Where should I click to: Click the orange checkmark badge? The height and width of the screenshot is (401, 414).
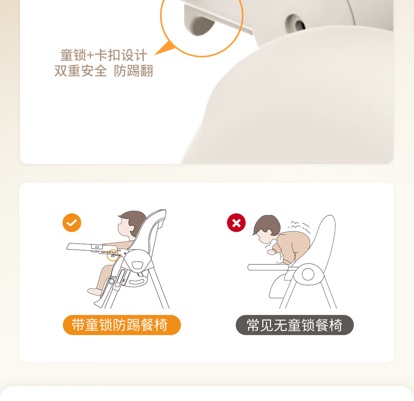click(x=72, y=223)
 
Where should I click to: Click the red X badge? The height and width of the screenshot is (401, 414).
click(x=236, y=223)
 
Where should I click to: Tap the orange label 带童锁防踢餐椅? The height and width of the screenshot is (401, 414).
click(x=122, y=325)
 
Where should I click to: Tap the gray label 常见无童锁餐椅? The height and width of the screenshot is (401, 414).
click(x=295, y=325)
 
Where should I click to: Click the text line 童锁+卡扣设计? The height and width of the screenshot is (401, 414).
click(x=103, y=55)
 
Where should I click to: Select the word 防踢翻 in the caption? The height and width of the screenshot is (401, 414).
click(x=133, y=71)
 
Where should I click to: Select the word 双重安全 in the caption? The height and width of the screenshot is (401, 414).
click(x=80, y=71)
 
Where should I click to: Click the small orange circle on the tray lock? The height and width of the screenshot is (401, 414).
click(x=112, y=255)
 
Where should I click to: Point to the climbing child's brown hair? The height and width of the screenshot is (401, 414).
click(x=267, y=225)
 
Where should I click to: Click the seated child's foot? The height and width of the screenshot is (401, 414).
click(x=95, y=292)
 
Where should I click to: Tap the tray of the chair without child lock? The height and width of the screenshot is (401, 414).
click(x=268, y=267)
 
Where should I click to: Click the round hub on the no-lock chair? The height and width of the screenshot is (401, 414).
click(x=308, y=274)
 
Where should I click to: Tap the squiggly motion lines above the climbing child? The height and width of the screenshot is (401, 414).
click(x=299, y=227)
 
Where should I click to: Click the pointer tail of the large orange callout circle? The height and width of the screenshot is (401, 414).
click(x=165, y=48)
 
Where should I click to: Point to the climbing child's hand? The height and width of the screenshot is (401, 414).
click(x=271, y=252)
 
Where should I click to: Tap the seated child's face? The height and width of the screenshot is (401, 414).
click(x=125, y=228)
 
